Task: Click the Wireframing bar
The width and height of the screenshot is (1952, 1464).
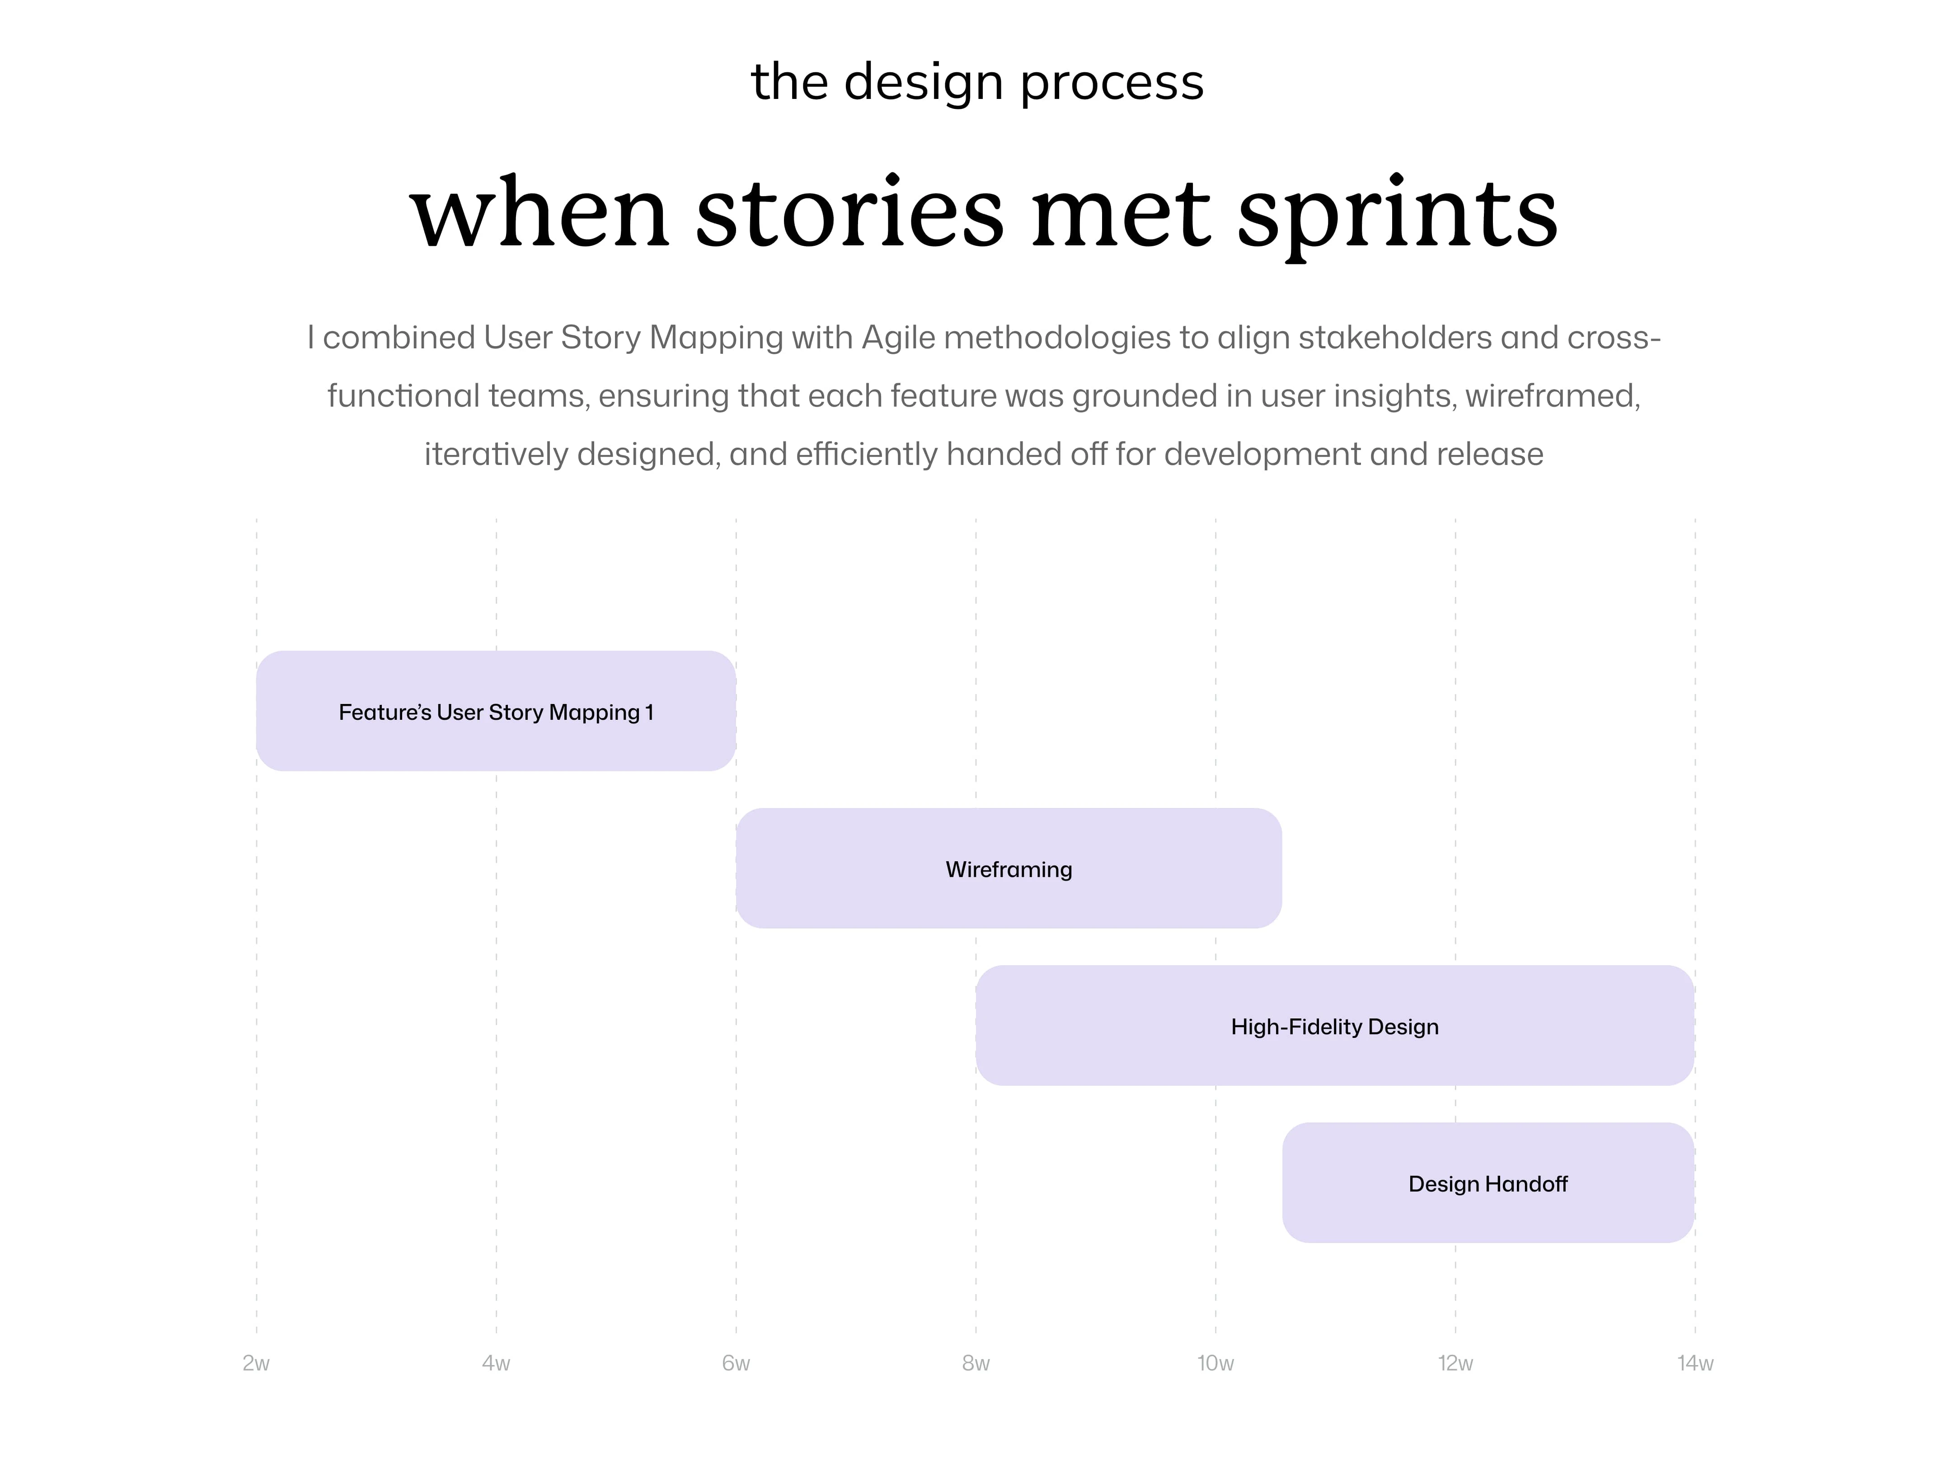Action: point(1009,868)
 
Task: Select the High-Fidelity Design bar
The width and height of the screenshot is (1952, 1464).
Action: point(1334,1025)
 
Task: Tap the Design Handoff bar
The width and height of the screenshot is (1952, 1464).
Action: point(1488,1182)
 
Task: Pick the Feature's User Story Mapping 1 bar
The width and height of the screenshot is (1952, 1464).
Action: point(496,711)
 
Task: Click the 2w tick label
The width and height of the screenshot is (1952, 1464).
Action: point(256,1363)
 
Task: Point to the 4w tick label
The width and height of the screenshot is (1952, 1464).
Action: point(496,1363)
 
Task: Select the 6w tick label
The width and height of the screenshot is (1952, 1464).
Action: point(736,1363)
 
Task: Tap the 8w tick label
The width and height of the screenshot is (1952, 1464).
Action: point(976,1363)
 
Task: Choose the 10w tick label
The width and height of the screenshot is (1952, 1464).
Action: point(1215,1363)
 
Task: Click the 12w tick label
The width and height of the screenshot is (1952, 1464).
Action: point(1455,1363)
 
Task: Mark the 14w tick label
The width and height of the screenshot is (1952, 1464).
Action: point(1695,1363)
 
